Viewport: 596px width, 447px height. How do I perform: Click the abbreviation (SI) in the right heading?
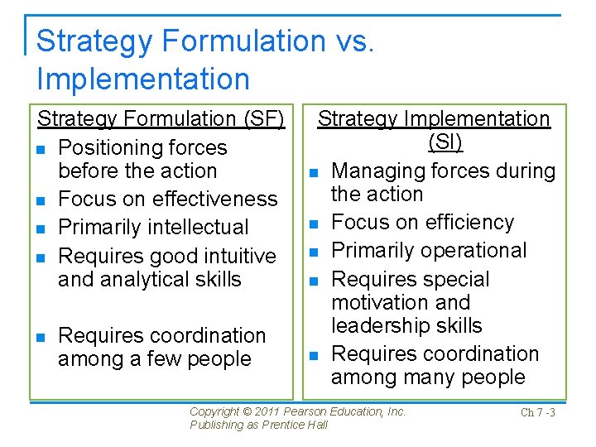pos(445,142)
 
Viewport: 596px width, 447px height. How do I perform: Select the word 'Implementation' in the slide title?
pos(143,79)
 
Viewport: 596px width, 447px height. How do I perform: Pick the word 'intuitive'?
pos(237,256)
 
